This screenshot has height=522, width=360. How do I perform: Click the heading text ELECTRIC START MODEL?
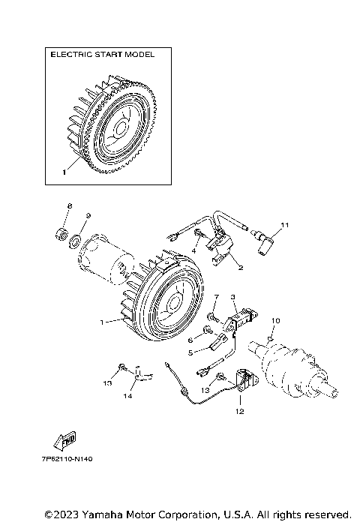(103, 54)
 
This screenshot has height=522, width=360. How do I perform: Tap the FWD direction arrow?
(64, 440)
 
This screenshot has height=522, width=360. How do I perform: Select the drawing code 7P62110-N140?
(67, 459)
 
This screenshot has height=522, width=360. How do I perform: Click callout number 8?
(69, 206)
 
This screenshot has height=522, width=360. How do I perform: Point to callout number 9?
(88, 216)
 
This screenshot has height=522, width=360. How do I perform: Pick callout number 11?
(285, 225)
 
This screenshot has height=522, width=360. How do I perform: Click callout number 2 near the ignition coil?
(241, 267)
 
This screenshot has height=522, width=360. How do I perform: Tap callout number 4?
(193, 251)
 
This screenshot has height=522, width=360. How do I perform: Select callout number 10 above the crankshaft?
(276, 320)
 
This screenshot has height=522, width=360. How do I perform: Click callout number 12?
(240, 412)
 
